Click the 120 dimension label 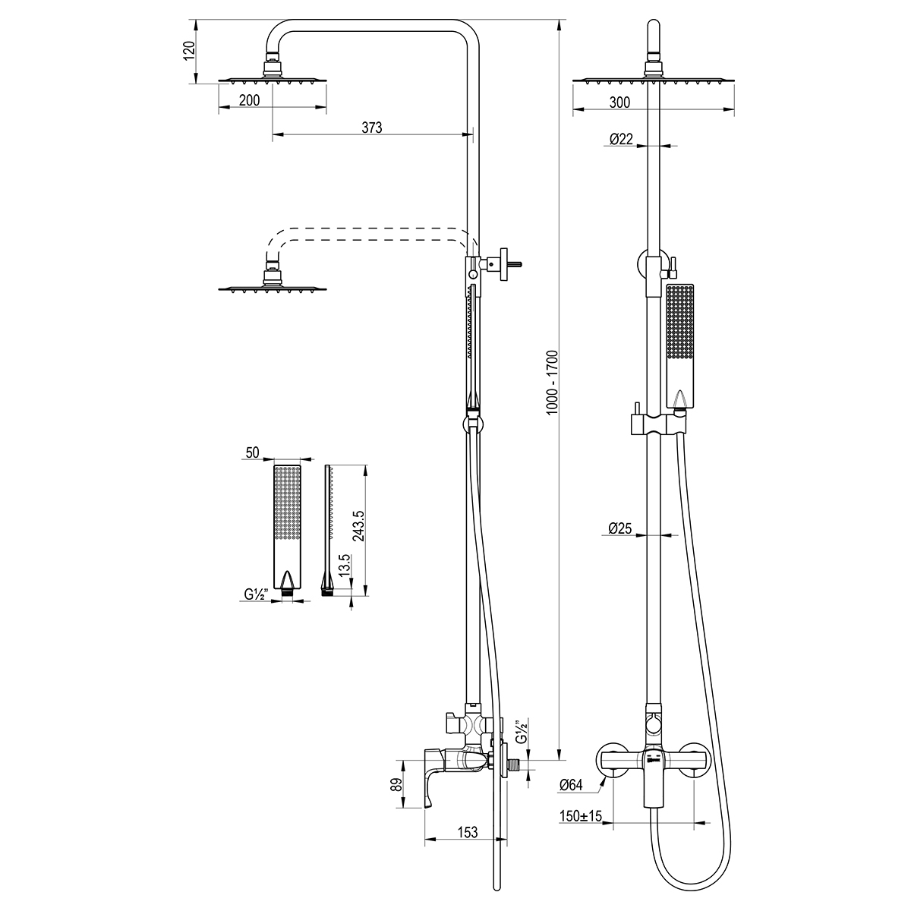pos(189,51)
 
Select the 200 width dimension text pos(249,100)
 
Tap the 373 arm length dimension pos(371,128)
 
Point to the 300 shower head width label pos(619,102)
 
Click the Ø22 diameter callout pos(621,139)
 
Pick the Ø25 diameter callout pos(619,528)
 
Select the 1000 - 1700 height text pos(552,383)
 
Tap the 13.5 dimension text pos(344,565)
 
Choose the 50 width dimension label pos(252,452)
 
